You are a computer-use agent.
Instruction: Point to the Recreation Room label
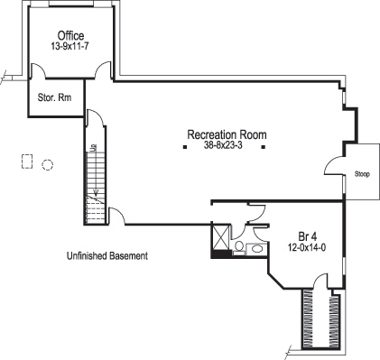pos(227,134)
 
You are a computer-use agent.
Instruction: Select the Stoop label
pos(362,173)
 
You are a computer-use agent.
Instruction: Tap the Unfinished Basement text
pos(107,255)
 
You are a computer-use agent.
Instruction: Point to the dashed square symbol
pos(27,162)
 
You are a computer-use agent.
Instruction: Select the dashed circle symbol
pos(48,164)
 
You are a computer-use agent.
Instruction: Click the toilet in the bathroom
pos(237,245)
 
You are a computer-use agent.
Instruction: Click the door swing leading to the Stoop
pos(335,167)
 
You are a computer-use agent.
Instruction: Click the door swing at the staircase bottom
pos(116,217)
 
